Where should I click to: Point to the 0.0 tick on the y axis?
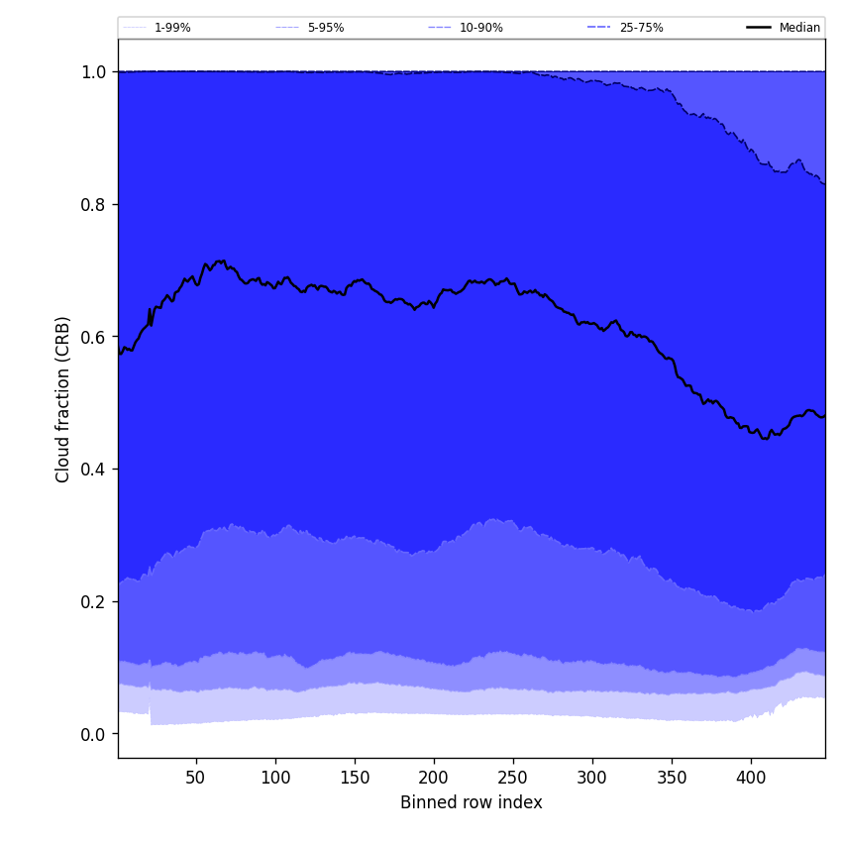[93, 734]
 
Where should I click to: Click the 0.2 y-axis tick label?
[93, 601]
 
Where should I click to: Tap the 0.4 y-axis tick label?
[93, 470]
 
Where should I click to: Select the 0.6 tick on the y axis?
[93, 337]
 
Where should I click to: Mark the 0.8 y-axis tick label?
[93, 204]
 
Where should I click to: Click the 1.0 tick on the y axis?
[93, 72]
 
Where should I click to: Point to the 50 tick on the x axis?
[196, 777]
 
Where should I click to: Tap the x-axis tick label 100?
[275, 777]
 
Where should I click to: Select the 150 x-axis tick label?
[355, 777]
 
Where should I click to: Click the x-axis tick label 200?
[434, 777]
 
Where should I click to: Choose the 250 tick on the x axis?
[513, 777]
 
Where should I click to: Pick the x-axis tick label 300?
[592, 777]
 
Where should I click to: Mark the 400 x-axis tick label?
[751, 777]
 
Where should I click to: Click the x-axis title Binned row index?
[472, 802]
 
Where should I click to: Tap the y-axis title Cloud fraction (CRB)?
[63, 399]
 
